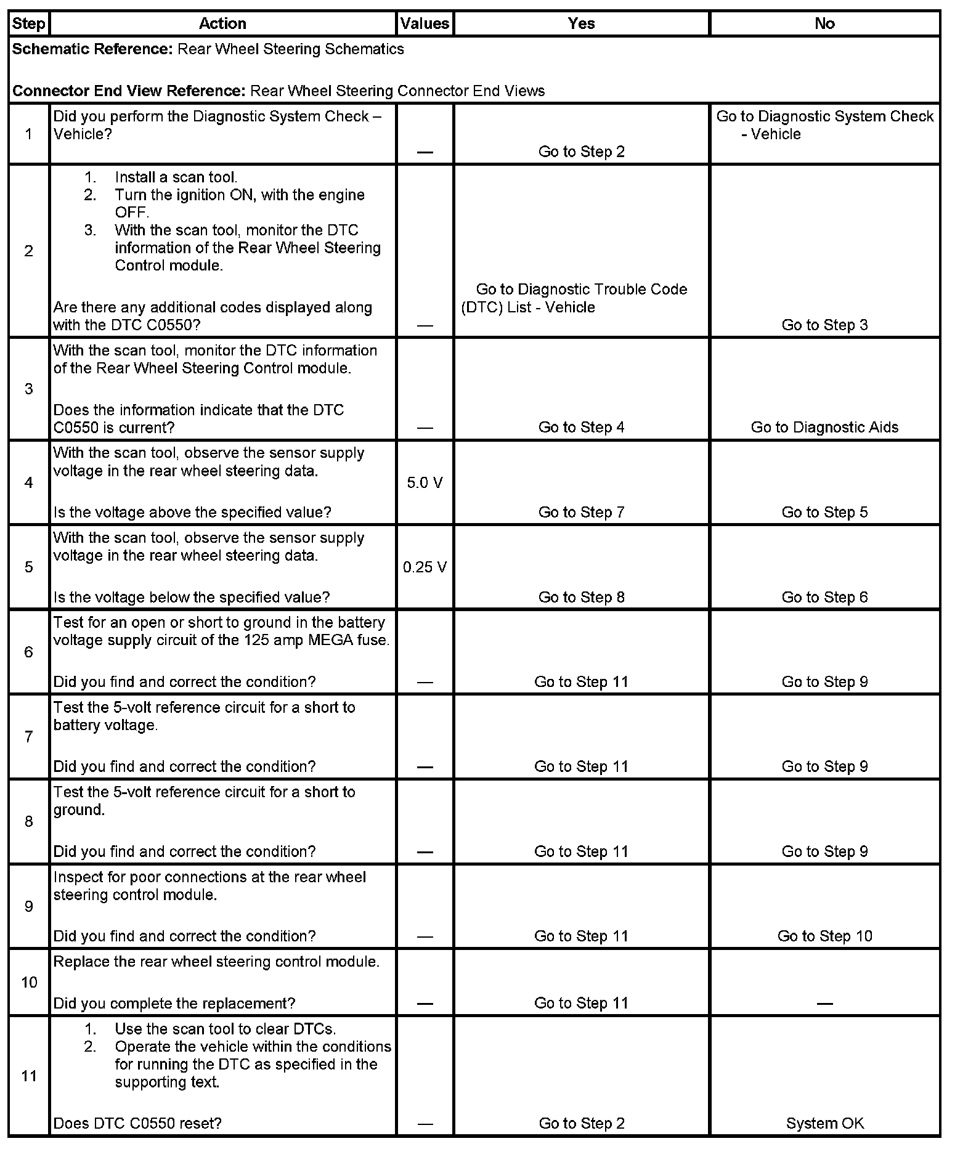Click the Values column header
(x=425, y=23)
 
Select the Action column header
(x=222, y=23)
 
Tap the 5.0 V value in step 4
(x=425, y=482)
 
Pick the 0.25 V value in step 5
(x=425, y=567)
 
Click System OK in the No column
(x=824, y=1123)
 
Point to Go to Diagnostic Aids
(x=824, y=428)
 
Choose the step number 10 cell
(x=29, y=982)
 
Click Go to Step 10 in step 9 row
(x=824, y=936)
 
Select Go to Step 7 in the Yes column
(x=581, y=512)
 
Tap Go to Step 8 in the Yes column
(x=581, y=597)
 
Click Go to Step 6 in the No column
(x=824, y=597)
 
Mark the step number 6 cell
(x=29, y=652)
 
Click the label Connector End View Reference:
(x=129, y=91)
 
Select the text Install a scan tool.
(x=176, y=177)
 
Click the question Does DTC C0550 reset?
(x=137, y=1123)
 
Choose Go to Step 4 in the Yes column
(x=581, y=428)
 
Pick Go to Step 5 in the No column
(x=824, y=512)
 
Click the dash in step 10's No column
(x=824, y=1004)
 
